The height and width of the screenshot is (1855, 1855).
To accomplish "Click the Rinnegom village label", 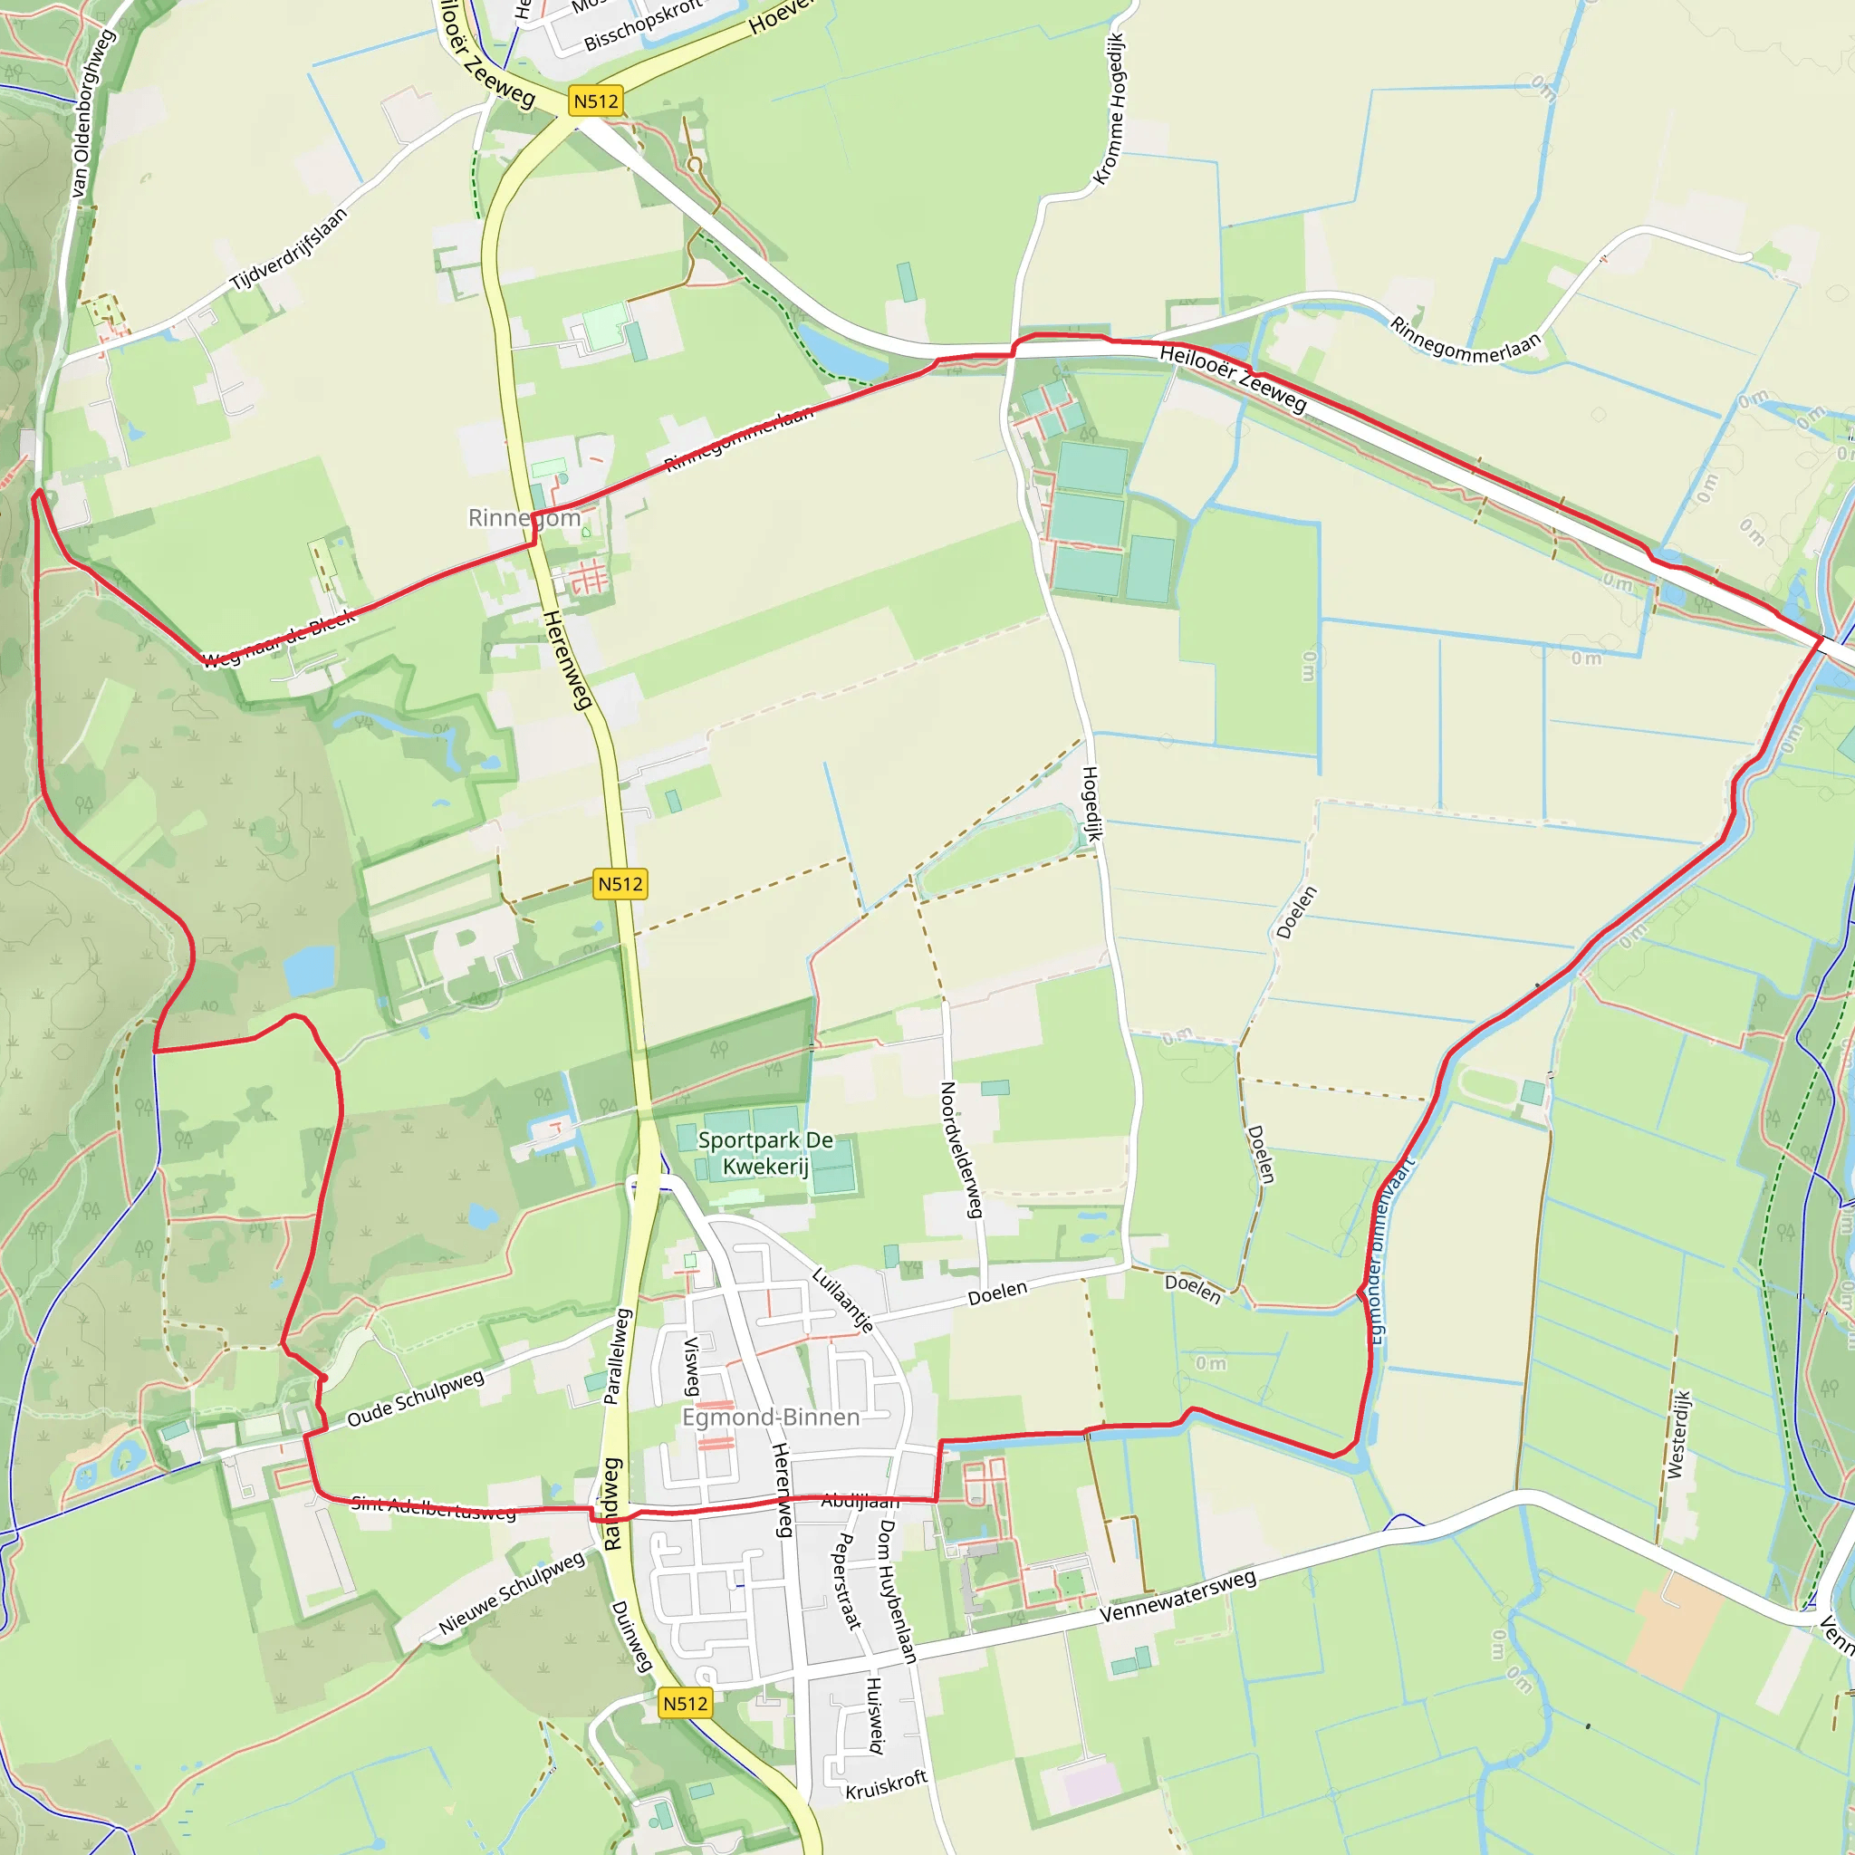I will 524,518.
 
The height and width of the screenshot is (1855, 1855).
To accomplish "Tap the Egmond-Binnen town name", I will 770,1418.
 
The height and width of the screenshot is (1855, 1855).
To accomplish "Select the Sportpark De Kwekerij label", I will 765,1153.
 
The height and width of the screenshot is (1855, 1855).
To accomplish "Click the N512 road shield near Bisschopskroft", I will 595,101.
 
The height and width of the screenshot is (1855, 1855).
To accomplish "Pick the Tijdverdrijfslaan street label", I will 288,250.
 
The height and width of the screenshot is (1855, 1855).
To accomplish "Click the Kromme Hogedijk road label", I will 1109,109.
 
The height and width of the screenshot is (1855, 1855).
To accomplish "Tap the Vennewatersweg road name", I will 1177,1597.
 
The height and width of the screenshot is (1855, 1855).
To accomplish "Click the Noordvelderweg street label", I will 961,1150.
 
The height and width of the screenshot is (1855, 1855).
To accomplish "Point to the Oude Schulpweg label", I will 416,1398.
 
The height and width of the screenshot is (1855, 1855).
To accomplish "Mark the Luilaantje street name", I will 843,1301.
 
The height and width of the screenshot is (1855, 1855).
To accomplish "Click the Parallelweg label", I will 617,1356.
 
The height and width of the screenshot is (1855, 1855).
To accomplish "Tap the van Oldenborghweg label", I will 93,114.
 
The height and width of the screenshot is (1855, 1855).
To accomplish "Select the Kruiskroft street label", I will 886,1785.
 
